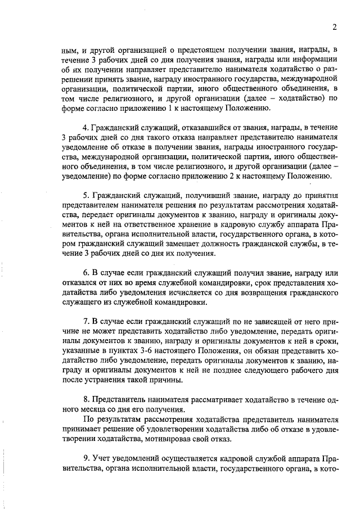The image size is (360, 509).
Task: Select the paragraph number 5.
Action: click(x=85, y=195)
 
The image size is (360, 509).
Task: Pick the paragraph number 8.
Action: click(x=85, y=399)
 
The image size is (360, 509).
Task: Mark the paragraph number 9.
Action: click(x=85, y=457)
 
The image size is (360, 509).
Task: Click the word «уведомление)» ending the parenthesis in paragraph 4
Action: click(x=85, y=176)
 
